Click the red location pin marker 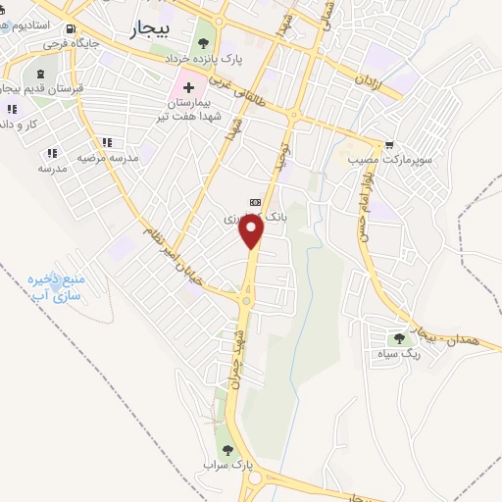(x=252, y=230)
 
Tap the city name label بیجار (x=149, y=31)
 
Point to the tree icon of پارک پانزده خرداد (x=203, y=42)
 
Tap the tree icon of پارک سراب (x=227, y=450)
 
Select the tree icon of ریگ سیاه (x=398, y=337)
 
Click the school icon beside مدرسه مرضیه (x=52, y=153)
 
